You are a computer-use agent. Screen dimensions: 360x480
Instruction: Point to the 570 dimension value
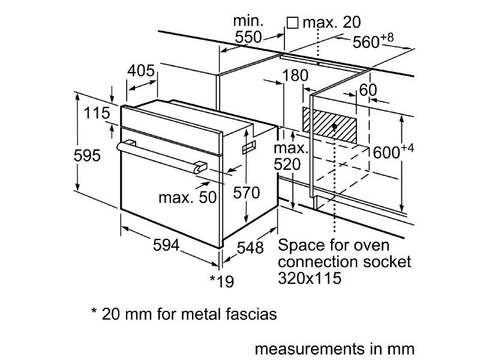[x=246, y=193]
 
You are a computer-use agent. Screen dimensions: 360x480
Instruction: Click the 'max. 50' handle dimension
[x=187, y=197]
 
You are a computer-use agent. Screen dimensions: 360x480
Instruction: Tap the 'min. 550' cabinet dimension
[x=248, y=29]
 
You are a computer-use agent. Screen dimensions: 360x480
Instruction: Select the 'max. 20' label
[x=331, y=23]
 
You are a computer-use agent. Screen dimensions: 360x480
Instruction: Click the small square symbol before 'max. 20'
[x=293, y=23]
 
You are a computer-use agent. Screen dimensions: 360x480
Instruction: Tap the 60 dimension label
[x=367, y=90]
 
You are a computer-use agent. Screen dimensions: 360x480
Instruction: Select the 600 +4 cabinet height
[x=394, y=152]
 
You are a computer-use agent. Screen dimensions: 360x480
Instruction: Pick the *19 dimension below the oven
[x=221, y=280]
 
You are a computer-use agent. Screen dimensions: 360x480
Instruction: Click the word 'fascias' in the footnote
[x=247, y=314]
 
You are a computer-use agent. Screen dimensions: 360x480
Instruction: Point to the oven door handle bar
[x=162, y=154]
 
